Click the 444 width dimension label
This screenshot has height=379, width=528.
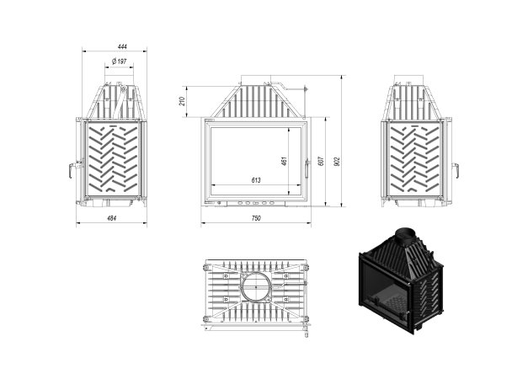(122, 46)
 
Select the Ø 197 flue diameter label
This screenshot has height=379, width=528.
(120, 61)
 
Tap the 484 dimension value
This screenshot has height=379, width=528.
(111, 218)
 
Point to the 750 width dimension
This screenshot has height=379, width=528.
(256, 218)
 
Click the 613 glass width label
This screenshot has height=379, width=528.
(256, 180)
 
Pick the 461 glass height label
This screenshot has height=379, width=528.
(284, 161)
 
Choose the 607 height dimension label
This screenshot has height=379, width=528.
(321, 161)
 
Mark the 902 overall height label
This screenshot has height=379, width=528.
(338, 161)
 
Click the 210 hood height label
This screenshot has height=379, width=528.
(182, 101)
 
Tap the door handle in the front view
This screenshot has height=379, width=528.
(307, 169)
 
